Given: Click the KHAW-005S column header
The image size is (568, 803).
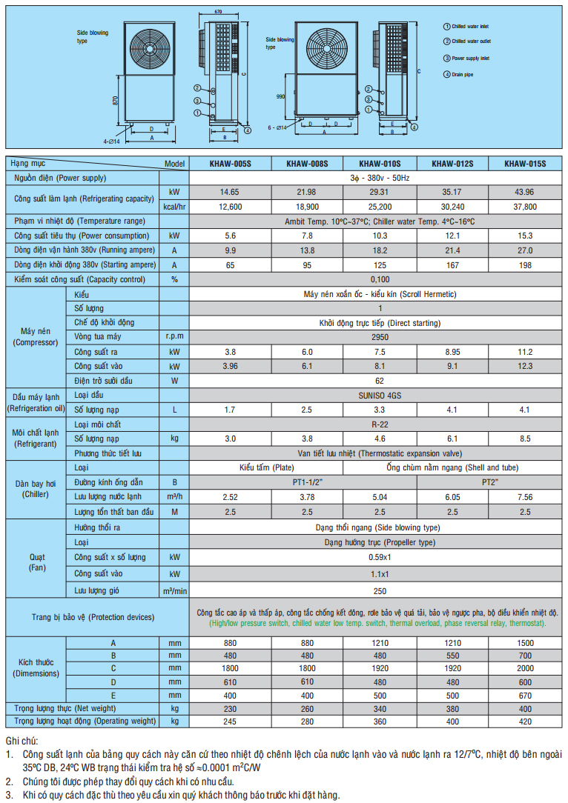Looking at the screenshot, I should [229, 164].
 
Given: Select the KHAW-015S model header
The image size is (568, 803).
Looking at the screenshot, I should [525, 164].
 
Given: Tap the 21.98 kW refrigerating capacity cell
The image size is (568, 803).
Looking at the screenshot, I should [306, 192].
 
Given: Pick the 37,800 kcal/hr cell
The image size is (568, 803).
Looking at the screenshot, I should [525, 207].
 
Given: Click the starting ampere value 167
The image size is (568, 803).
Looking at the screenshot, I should [452, 264].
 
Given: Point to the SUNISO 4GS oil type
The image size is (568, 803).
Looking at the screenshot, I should [380, 395].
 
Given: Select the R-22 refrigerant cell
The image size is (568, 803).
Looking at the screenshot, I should [380, 424].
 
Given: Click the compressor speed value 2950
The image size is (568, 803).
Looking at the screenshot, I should [380, 337].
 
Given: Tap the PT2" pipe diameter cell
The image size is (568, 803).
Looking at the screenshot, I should [489, 482].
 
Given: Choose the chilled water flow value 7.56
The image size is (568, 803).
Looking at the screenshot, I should [525, 497].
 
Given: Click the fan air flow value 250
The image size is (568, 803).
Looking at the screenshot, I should [380, 590].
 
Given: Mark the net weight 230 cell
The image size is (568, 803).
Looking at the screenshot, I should [229, 707].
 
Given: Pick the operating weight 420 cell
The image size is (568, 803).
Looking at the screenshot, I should [525, 721].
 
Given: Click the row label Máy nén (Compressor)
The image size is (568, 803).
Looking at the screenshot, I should [36, 337].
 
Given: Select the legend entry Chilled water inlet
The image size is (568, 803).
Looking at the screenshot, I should [470, 26].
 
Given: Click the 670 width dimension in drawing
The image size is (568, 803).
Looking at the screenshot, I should [219, 12].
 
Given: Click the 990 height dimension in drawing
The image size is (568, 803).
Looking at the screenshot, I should [280, 97].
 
